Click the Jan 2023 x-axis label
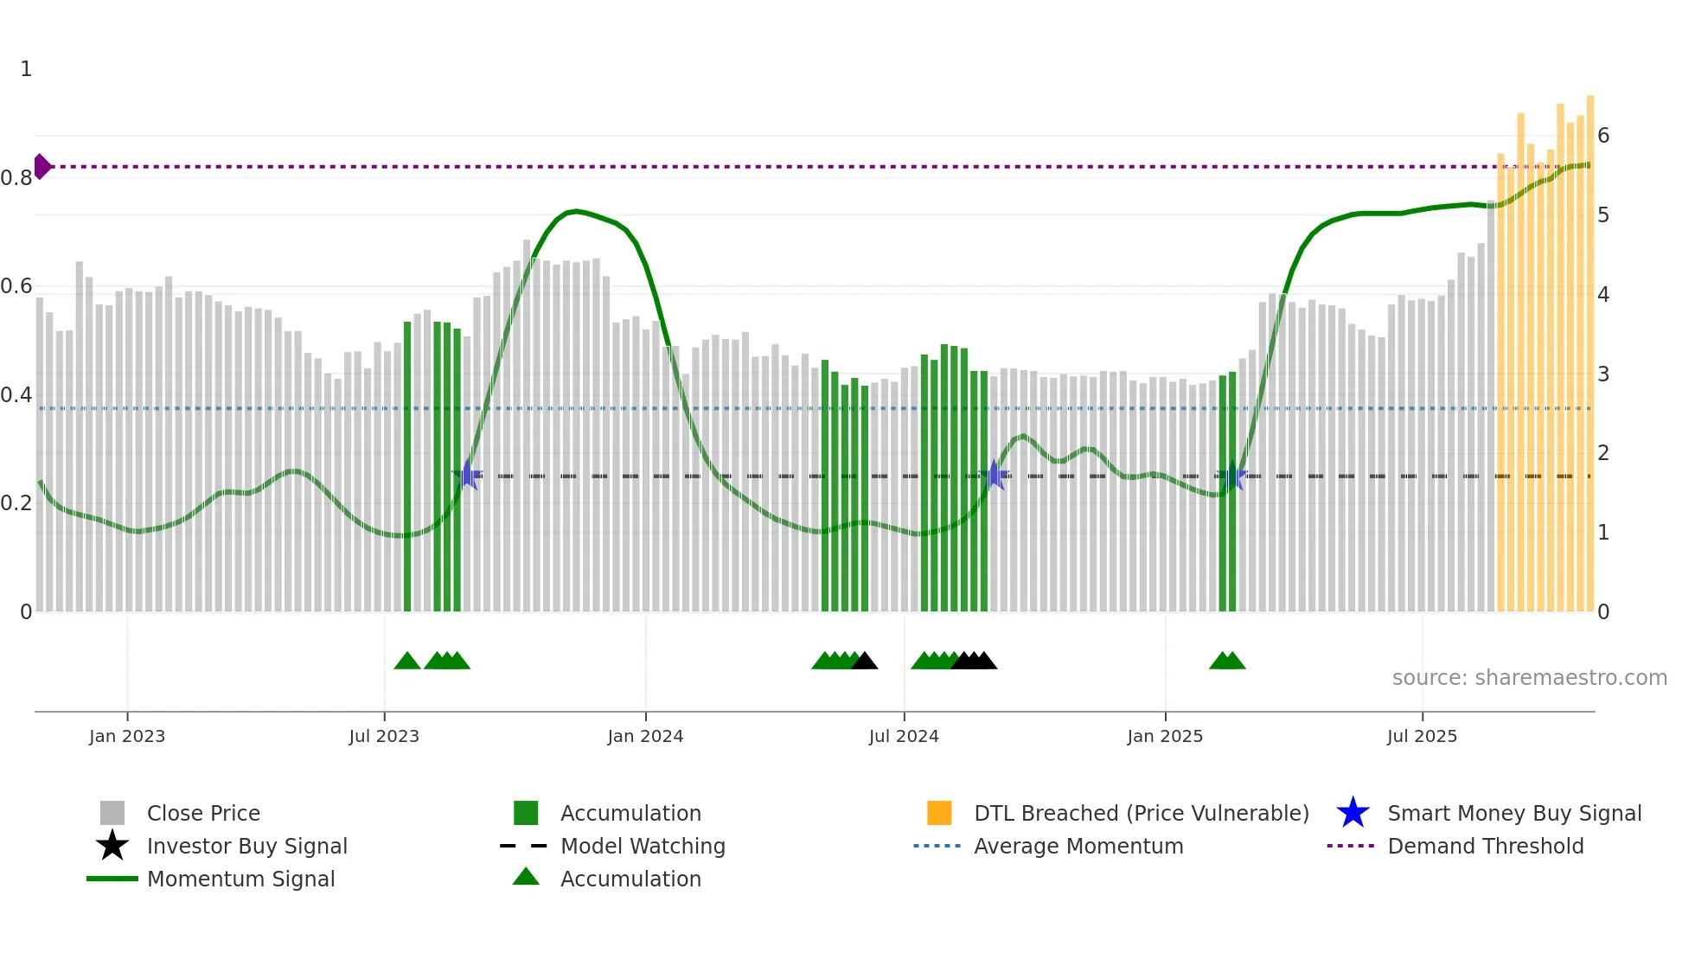127,736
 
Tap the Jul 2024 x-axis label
904,736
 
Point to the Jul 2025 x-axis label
1422,736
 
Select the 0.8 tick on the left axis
16,178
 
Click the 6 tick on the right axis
1603,136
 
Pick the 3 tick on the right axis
1603,374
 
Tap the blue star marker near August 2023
468,475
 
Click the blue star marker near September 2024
995,475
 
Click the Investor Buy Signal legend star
112,846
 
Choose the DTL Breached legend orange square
939,813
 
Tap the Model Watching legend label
643,846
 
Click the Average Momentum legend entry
1078,846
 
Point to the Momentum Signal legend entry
240,879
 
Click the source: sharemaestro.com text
1529,678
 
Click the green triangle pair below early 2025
1227,661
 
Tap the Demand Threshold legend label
1485,846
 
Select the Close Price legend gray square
112,813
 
